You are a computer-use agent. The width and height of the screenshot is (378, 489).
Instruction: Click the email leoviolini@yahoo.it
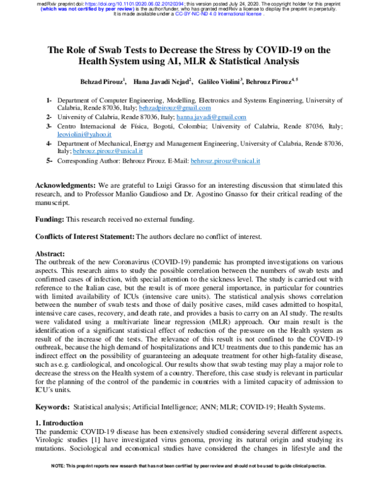pyautogui.click(x=84, y=135)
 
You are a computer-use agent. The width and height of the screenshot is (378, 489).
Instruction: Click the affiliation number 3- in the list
pyautogui.click(x=49, y=126)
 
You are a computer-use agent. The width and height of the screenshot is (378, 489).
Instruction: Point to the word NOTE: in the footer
pyautogui.click(x=60, y=482)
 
